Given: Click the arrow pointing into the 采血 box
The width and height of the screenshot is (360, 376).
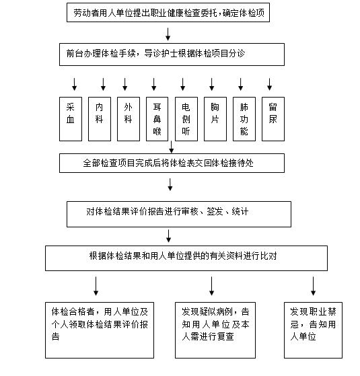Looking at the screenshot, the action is click(x=74, y=84).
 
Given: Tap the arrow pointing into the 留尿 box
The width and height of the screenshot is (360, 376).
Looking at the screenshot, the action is click(x=270, y=84).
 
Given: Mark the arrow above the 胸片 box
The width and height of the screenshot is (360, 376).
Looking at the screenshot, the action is click(x=212, y=84).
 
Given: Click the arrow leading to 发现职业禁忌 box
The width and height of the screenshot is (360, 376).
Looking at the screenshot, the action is click(x=313, y=286).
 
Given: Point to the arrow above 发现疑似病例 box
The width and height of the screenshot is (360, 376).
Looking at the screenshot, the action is click(x=211, y=286).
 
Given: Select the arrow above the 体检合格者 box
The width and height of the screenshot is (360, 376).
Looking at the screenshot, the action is click(x=96, y=286).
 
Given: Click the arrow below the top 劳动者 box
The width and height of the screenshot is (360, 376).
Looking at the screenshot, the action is click(x=168, y=34).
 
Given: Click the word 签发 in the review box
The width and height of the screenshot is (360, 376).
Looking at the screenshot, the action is click(x=215, y=211).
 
